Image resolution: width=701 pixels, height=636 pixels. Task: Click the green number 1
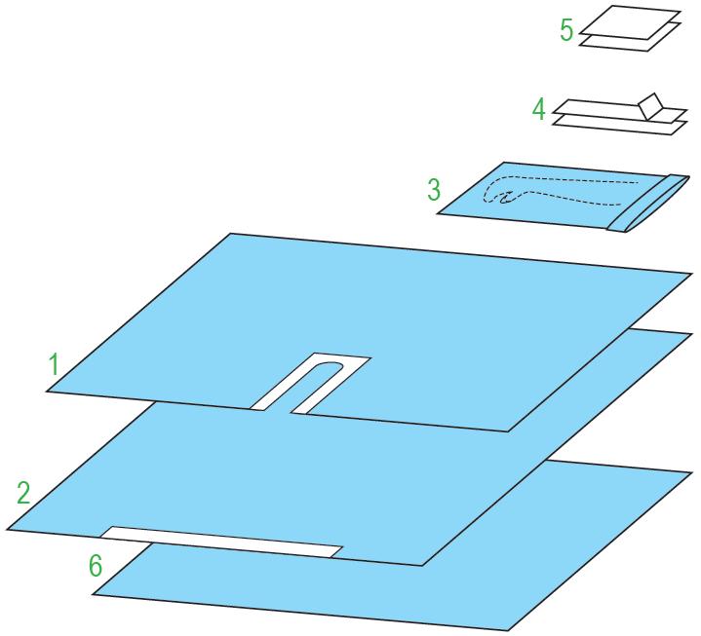click(54, 364)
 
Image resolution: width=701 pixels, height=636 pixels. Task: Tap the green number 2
click(23, 493)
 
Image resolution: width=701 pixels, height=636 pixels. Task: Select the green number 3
click(434, 189)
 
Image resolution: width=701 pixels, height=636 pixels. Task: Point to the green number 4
click(539, 109)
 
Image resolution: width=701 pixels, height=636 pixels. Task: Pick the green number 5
click(566, 30)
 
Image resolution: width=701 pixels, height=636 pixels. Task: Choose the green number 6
click(96, 566)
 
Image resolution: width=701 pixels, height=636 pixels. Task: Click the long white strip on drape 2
click(221, 542)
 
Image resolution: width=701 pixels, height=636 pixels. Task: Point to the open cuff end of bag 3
click(648, 204)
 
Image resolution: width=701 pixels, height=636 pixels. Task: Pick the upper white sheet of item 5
click(631, 22)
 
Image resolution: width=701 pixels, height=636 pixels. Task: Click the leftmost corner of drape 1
click(47, 392)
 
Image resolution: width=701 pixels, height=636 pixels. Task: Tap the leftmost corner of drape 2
click(8, 530)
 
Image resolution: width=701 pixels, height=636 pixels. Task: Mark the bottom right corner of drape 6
click(509, 630)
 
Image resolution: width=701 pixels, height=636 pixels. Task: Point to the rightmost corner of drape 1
click(692, 273)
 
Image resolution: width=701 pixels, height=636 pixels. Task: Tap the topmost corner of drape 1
click(230, 233)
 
